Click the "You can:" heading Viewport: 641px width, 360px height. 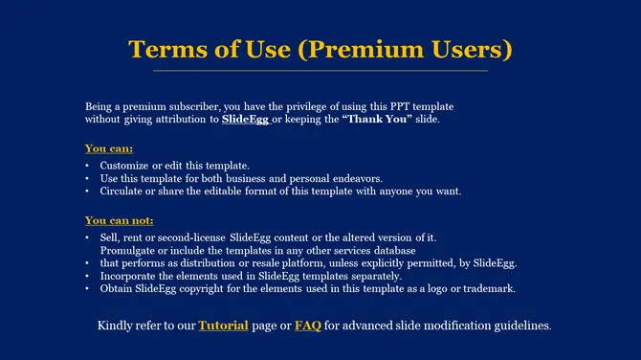[x=108, y=148]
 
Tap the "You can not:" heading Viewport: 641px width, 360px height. [x=119, y=220]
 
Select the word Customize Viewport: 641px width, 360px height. [x=127, y=165]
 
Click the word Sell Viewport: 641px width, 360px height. [x=108, y=236]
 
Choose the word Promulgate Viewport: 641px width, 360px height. [x=130, y=249]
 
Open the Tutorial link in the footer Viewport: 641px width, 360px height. [x=223, y=326]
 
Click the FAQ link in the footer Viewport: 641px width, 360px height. [x=307, y=326]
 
